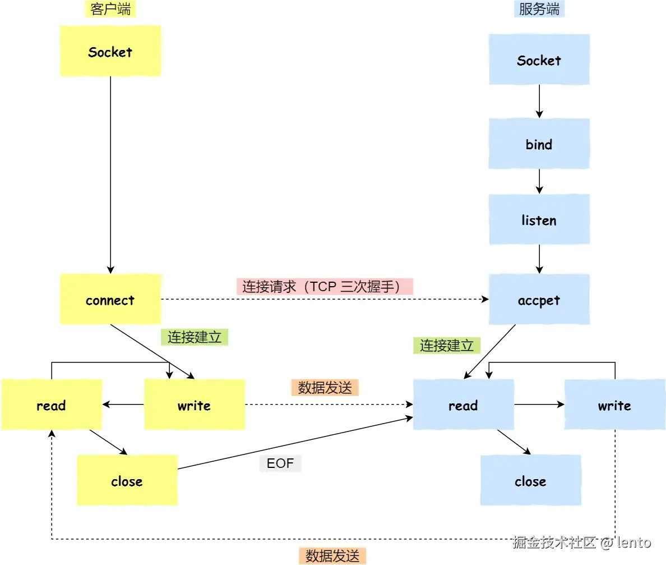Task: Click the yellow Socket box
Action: click(x=110, y=51)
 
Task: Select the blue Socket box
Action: click(x=539, y=59)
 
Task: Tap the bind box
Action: click(x=539, y=144)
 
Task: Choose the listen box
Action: click(x=539, y=219)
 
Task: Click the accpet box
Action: click(x=539, y=299)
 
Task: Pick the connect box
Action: click(x=110, y=299)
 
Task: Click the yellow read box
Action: click(x=52, y=405)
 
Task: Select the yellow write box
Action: click(x=195, y=405)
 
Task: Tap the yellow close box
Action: click(x=127, y=480)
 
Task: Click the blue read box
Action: click(x=464, y=405)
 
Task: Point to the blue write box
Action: click(x=614, y=405)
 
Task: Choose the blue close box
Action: click(x=530, y=480)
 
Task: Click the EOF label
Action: click(x=280, y=463)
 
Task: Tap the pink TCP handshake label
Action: click(x=325, y=287)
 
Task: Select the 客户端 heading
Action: click(x=110, y=8)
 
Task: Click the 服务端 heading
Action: click(x=539, y=8)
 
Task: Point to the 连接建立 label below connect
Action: click(x=195, y=337)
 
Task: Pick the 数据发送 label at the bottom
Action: click(x=332, y=555)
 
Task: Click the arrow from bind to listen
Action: click(x=539, y=182)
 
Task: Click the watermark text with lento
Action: click(x=581, y=542)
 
